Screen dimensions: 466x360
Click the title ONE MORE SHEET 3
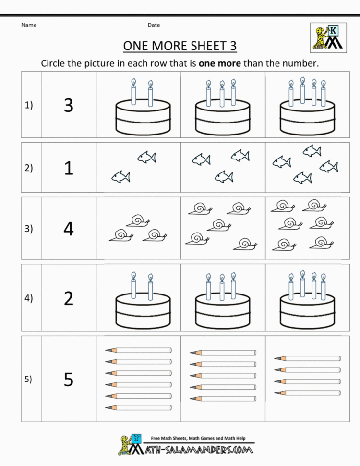180,46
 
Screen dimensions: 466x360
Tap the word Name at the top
29,25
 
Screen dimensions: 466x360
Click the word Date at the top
154,25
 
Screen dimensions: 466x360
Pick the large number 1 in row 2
69,168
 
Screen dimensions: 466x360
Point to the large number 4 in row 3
69,229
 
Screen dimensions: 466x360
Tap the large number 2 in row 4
69,298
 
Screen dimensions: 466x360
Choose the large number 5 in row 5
69,380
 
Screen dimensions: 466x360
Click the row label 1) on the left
29,106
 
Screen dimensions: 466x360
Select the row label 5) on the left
29,380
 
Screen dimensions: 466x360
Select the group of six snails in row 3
302,225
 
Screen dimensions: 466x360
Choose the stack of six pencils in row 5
138,379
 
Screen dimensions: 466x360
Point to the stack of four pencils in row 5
307,375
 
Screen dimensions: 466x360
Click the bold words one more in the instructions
219,63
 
